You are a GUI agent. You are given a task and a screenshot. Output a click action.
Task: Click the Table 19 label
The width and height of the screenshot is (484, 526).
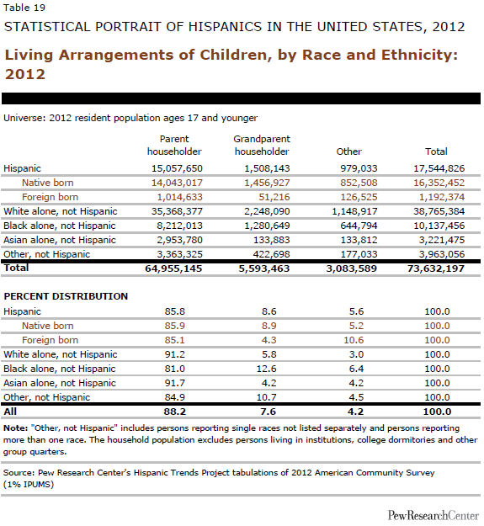24,8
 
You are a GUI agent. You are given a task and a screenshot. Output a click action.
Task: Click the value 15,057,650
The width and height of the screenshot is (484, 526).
177,168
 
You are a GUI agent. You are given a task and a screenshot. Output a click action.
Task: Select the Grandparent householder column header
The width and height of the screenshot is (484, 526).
262,146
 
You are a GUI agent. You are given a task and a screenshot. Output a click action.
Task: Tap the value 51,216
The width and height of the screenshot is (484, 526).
274,197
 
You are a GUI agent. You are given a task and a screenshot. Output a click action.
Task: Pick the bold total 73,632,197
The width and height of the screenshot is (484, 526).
436,268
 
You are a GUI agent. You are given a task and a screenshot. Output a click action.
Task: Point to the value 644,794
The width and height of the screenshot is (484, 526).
359,226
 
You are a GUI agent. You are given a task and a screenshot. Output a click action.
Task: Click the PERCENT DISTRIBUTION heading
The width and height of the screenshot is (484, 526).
66,296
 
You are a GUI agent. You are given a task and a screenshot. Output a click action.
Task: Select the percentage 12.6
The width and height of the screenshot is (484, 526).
266,369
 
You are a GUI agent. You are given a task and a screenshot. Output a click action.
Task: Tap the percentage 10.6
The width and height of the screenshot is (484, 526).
354,340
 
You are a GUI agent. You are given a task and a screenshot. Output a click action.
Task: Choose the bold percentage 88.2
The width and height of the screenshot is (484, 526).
175,412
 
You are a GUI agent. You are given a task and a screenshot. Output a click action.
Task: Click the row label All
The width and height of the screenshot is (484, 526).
10,412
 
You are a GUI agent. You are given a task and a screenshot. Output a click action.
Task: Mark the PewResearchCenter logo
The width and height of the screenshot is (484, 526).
433,515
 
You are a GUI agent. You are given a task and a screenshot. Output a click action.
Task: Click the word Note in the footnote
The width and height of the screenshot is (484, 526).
15,428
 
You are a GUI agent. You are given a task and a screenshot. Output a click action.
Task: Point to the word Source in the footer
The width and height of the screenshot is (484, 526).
19,473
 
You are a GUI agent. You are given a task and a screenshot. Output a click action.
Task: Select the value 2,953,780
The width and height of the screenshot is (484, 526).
179,240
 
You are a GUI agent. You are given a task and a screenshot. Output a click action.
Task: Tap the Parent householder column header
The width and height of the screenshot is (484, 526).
174,146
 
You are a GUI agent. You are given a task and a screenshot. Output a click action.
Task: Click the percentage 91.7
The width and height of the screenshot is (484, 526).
175,383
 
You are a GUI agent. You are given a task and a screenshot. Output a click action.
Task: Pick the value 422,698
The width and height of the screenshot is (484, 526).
271,254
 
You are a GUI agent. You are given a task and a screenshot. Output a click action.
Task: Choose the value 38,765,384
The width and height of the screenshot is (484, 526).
439,211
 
